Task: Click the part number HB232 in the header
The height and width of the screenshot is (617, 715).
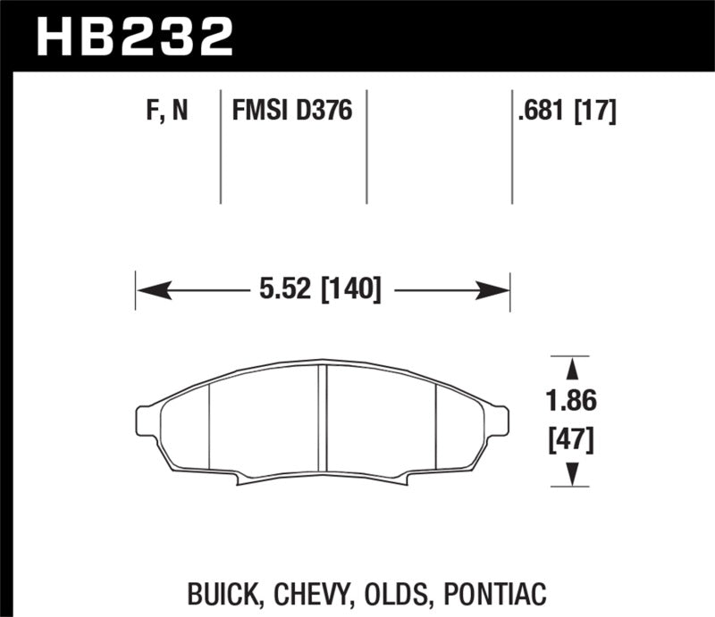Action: [x=133, y=35]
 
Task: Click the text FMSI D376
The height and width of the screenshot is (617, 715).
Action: [x=292, y=113]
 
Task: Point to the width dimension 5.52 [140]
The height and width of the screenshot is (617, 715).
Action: [x=319, y=289]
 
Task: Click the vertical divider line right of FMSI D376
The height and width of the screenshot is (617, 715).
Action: [x=367, y=147]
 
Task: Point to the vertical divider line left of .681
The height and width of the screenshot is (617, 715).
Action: [x=512, y=147]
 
